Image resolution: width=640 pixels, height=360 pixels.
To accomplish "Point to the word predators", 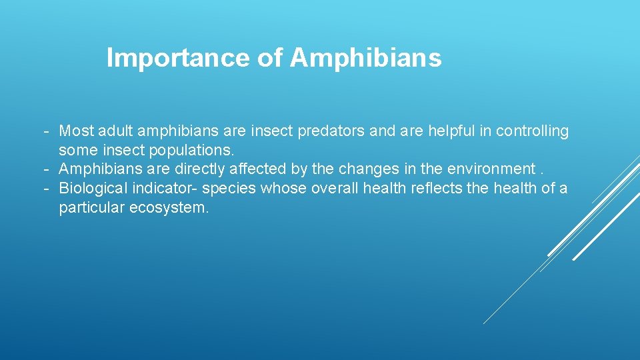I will pos(331,131).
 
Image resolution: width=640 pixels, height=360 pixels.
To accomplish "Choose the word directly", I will pos(198,169).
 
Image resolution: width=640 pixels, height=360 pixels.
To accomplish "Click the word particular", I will pos(91,208).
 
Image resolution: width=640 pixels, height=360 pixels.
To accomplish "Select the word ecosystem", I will pos(169,208).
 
